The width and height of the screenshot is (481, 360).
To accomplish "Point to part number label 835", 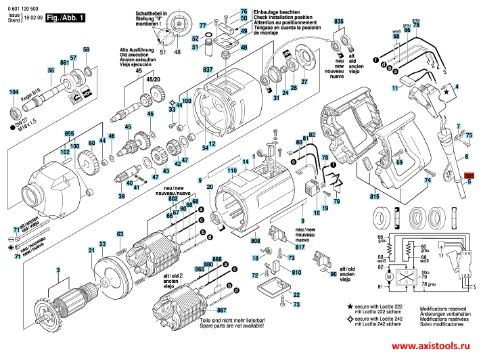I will (338, 22).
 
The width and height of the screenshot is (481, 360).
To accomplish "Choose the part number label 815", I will (375, 196).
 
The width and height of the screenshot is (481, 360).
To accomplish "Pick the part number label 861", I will (65, 63).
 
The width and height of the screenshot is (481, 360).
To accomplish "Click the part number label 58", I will (86, 50).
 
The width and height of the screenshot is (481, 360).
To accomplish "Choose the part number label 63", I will (120, 234).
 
